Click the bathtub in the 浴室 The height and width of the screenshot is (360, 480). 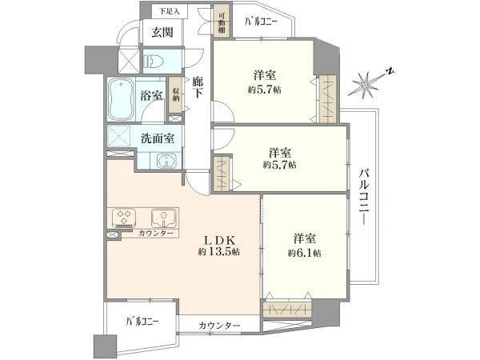click(122, 98)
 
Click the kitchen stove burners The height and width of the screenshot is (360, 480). click(124, 216)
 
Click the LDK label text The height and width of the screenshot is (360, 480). click(218, 238)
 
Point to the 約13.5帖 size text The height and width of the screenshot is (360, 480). click(218, 251)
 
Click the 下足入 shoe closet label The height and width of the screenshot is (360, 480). click(168, 12)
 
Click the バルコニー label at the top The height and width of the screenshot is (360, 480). click(261, 22)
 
